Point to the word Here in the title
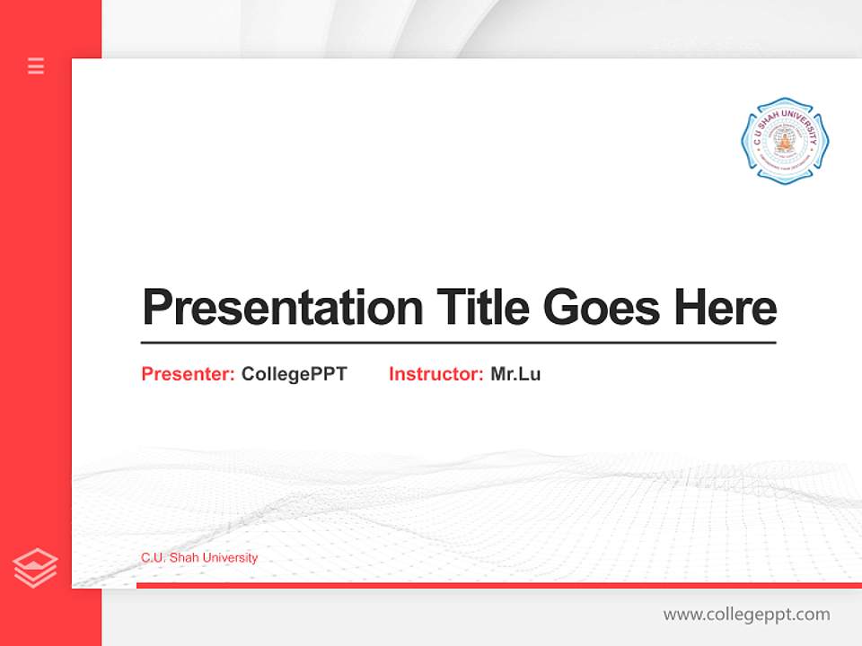725,308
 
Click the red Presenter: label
189,374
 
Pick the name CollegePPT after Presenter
294,374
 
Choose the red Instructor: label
435,374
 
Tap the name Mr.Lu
515,374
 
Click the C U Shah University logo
785,141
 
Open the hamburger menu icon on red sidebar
36,65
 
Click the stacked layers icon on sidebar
36,568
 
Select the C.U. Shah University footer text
199,557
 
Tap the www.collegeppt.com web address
746,615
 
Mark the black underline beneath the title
458,342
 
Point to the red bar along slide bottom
498,585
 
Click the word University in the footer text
230,557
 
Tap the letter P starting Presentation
156,308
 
